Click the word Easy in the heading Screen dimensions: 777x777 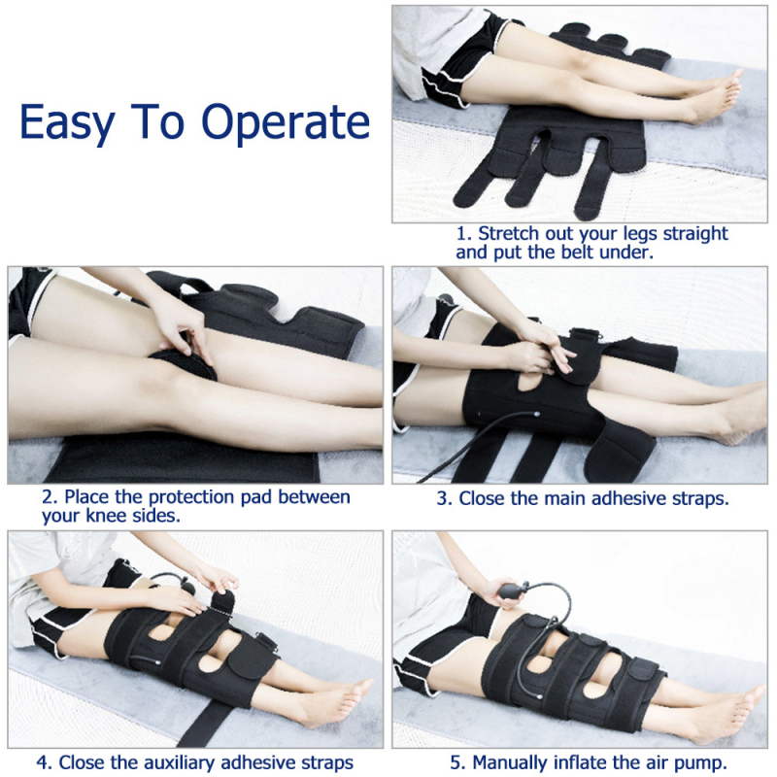67,122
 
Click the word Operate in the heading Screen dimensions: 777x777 286,122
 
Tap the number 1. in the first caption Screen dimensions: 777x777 463,233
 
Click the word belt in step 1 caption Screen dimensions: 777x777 578,253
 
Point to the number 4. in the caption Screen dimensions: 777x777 44,762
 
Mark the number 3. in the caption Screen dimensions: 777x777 444,498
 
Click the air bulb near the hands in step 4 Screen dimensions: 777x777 189,589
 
